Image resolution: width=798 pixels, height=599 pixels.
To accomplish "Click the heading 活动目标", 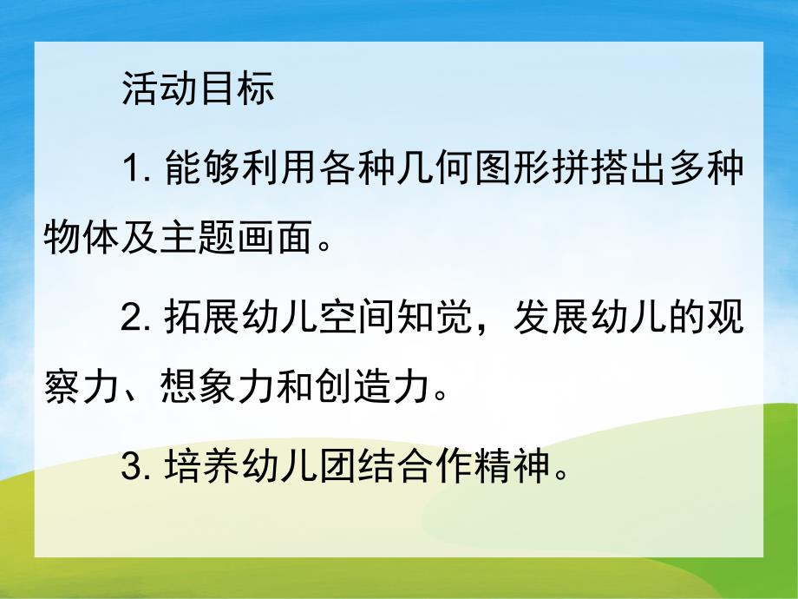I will click(198, 90).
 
